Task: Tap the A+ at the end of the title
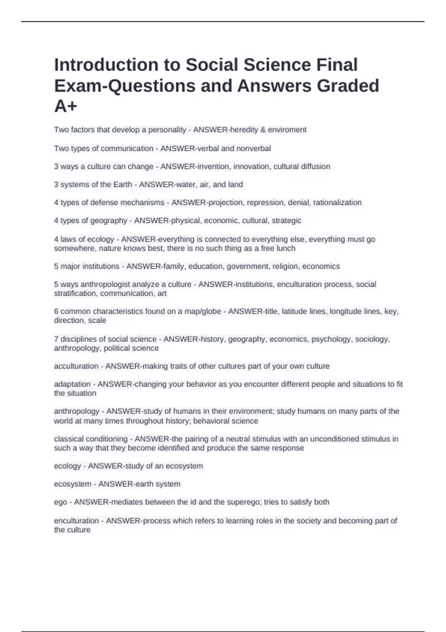point(66,106)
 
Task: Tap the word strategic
point(287,220)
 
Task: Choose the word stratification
point(75,293)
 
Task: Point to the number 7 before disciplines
point(56,339)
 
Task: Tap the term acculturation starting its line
point(76,366)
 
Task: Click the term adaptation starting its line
point(72,384)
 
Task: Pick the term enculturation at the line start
point(76,520)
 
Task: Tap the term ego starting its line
point(60,502)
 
